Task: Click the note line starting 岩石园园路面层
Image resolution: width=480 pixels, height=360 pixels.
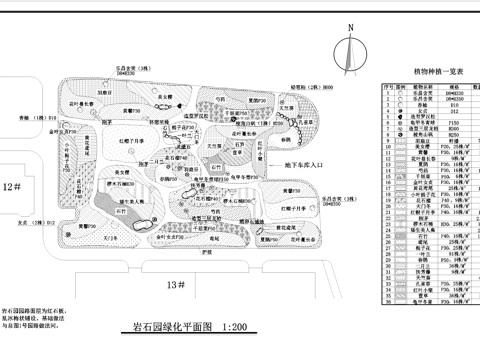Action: [35, 312]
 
